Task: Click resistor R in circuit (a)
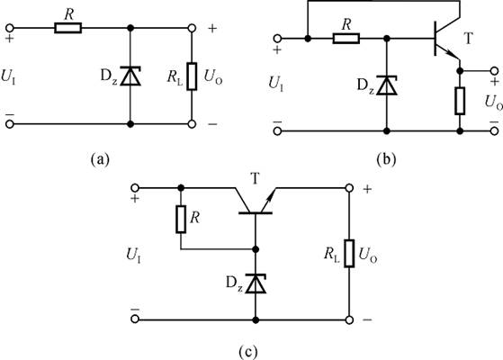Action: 68,28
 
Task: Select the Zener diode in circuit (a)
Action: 130,76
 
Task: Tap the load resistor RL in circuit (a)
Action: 192,76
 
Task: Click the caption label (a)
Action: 100,158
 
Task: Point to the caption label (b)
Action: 387,158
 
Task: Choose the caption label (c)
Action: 248,352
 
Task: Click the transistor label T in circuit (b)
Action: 468,39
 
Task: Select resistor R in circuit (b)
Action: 346,39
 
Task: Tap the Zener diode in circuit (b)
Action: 387,85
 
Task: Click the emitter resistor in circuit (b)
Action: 460,101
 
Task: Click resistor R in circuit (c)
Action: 181,219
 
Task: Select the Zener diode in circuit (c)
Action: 256,283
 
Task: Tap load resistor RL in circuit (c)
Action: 349,253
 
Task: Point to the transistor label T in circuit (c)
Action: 256,178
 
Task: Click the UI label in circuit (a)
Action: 8,76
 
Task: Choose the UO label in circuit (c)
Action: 368,255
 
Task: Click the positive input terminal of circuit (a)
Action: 10,28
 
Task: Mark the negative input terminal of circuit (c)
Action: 135,319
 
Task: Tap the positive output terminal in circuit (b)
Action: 495,71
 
